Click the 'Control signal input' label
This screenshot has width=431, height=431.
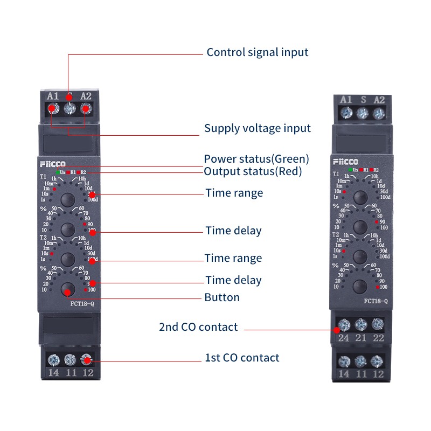pos(258,52)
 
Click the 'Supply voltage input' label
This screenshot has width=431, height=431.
pos(258,128)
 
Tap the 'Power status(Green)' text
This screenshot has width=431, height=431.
pos(256,159)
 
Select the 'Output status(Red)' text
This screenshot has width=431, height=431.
pos(253,171)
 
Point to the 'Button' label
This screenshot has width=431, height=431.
pos(222,297)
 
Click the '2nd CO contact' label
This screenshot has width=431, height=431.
pos(198,327)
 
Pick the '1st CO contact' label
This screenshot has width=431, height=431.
pos(242,358)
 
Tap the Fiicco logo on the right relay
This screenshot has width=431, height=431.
pos(345,162)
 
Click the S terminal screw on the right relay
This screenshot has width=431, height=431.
pos(363,113)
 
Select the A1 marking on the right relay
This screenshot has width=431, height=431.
pos(346,100)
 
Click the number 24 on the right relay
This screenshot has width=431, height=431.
pos(344,338)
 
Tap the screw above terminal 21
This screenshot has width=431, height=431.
pos(361,324)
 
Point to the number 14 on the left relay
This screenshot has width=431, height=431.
pos(53,372)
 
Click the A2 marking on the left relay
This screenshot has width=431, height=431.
pos(86,96)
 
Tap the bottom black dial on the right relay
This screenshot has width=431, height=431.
pos(360,286)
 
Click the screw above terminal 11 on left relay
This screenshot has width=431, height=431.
pos(69,359)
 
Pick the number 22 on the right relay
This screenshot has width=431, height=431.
pos(378,338)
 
